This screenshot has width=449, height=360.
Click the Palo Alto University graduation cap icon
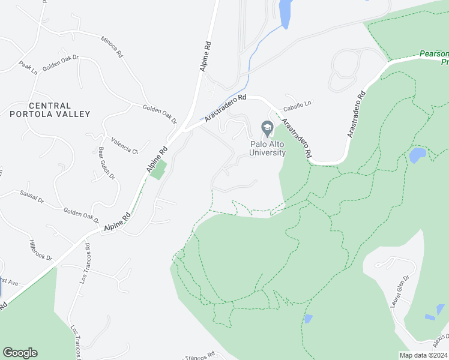[267, 128]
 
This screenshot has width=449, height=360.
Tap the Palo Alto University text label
[268, 148]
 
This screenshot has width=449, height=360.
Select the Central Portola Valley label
[50, 110]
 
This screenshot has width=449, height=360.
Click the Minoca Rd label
[112, 47]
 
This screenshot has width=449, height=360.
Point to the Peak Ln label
[28, 67]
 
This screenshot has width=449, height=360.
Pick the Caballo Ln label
[298, 103]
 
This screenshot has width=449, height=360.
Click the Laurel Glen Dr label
[399, 292]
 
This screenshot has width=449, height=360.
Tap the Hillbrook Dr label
[41, 250]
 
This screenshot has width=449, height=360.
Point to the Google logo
[20, 353]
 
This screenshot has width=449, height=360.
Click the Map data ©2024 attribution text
[424, 355]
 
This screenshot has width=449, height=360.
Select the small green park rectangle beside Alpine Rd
[157, 169]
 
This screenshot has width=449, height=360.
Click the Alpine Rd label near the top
[205, 56]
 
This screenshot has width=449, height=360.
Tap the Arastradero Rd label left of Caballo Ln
[226, 107]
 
